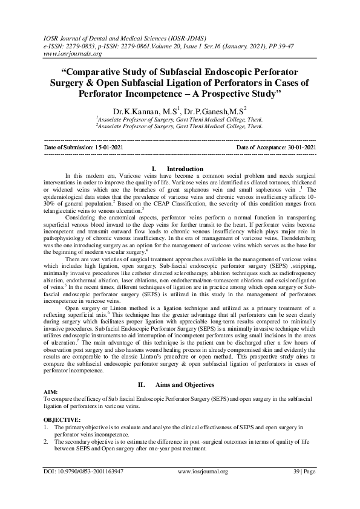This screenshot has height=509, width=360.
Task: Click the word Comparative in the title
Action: click(x=97, y=73)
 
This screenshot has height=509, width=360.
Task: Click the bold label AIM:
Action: click(x=52, y=392)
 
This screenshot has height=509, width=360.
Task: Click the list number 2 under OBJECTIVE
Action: click(x=47, y=441)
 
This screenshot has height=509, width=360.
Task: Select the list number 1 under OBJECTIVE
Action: click(x=47, y=427)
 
